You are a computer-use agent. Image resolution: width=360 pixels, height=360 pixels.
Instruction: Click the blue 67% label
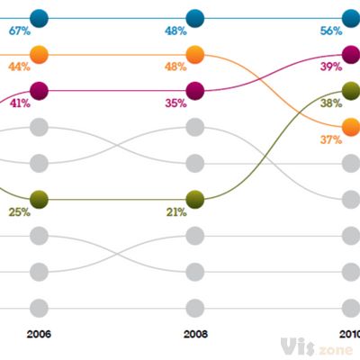19,31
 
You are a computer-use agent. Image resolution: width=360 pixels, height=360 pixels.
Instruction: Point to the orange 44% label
19,67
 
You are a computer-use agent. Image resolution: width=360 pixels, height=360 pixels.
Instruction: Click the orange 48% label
175,67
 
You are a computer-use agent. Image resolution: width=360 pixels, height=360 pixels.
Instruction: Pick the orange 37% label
331,139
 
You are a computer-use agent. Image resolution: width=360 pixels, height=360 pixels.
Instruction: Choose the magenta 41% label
19,103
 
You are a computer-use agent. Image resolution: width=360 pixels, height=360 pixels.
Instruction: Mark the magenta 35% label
175,103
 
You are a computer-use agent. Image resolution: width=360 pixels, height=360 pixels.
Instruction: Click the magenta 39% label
331,67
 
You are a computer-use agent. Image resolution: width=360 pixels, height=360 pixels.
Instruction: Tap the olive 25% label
19,212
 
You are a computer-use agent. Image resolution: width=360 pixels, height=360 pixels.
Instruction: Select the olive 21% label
175,212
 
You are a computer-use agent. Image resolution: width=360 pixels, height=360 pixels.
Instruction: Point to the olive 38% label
331,103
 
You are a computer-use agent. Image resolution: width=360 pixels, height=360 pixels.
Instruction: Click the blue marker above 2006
39,17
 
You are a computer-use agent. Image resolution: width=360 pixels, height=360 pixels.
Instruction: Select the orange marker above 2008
195,54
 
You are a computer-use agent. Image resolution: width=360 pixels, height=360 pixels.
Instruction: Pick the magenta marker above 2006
39,90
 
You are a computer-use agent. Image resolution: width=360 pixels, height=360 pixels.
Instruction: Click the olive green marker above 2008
195,199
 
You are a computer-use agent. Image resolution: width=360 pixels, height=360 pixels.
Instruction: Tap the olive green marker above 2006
39,199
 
